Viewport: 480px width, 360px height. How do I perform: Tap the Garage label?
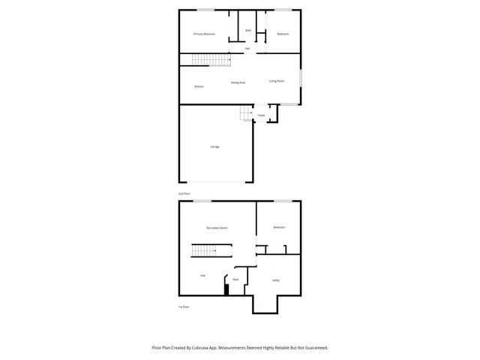(214, 146)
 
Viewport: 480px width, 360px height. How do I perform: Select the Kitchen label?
(199, 86)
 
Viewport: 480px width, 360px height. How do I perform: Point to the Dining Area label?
(238, 82)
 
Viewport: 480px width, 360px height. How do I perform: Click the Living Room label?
(277, 81)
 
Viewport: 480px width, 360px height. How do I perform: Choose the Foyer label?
(262, 115)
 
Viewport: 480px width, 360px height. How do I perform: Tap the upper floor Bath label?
(247, 30)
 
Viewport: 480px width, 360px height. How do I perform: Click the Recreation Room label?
(217, 227)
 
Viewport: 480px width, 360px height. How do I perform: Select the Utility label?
(276, 280)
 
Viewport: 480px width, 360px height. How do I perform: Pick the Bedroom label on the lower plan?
(279, 227)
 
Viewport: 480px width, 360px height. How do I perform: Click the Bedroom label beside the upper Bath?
(283, 34)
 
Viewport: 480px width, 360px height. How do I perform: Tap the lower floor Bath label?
(235, 279)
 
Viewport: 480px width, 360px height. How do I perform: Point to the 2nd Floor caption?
(184, 193)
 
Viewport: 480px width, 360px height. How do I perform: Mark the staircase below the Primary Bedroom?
(208, 59)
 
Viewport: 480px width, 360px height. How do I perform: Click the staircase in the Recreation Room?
(208, 251)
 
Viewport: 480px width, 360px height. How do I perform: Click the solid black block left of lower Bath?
(226, 289)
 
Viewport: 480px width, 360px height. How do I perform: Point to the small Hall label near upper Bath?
(247, 49)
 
